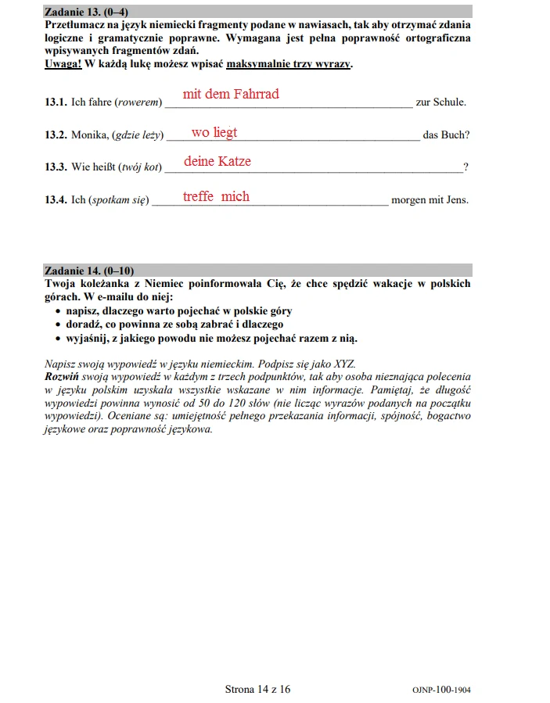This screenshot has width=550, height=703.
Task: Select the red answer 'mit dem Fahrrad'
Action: (x=231, y=95)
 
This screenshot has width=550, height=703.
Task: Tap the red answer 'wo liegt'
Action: (x=214, y=133)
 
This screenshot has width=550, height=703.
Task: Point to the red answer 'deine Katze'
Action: (x=217, y=162)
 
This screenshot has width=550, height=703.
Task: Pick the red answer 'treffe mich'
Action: (x=216, y=196)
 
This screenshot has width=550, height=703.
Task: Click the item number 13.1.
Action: (x=56, y=102)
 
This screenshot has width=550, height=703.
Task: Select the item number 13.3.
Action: (x=56, y=167)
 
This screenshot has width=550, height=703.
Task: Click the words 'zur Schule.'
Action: (x=441, y=102)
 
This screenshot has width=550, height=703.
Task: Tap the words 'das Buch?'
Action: (x=447, y=135)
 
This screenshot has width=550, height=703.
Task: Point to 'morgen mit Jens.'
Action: (x=430, y=199)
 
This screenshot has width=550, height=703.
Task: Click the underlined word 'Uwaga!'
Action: (x=63, y=64)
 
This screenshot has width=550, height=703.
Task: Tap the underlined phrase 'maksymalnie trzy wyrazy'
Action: (x=288, y=64)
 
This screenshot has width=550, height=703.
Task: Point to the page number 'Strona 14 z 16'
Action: (x=257, y=689)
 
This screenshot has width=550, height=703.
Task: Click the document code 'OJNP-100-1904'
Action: (x=441, y=690)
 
